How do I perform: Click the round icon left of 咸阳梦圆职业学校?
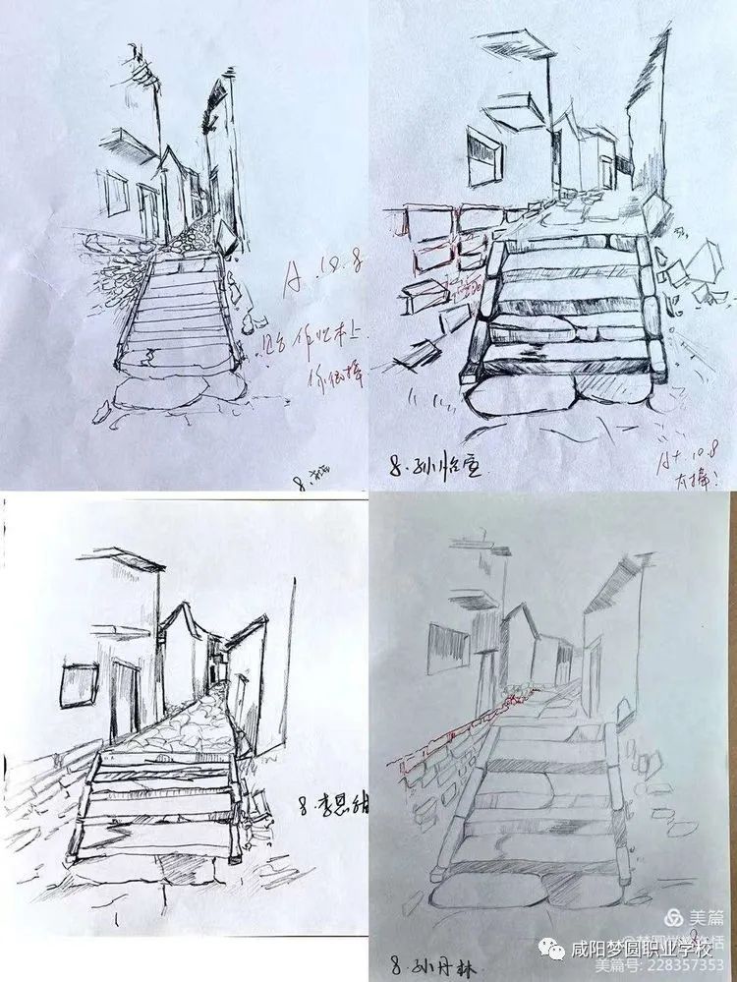pos(550,950)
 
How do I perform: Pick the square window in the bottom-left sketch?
pos(80,685)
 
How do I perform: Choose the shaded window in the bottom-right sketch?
pos(448,650)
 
